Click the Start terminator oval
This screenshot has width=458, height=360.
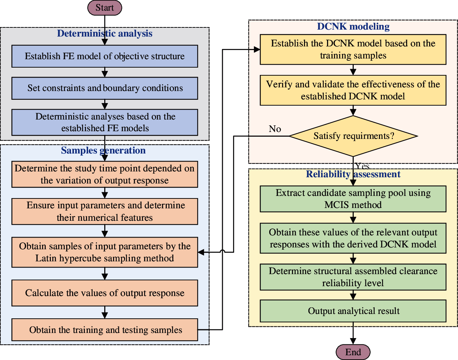105,8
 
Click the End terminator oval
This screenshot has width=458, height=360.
353,352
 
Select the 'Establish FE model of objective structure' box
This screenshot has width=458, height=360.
105,56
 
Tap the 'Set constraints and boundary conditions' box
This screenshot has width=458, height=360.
105,88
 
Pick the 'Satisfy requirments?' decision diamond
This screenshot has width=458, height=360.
353,136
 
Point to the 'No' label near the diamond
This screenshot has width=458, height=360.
275,129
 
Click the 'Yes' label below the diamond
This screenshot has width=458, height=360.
363,166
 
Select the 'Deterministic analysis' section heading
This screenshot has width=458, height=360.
105,34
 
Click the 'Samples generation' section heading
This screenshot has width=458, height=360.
103,151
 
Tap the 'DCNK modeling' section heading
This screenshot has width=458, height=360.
353,27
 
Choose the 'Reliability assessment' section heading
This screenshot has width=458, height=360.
353,174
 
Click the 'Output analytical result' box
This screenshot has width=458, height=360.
353,311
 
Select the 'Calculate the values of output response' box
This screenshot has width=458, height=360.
105,293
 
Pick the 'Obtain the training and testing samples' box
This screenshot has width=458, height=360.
105,330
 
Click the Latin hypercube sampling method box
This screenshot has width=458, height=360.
105,252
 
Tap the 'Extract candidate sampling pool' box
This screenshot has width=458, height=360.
353,199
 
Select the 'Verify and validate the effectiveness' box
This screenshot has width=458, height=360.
353,90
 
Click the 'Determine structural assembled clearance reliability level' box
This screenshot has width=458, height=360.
353,277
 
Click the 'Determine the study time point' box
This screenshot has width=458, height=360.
105,174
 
